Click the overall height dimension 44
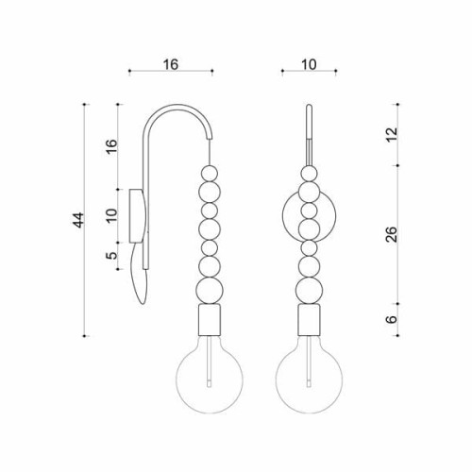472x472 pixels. click(78, 220)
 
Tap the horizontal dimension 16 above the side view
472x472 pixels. click(171, 64)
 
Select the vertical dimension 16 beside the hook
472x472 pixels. click(111, 145)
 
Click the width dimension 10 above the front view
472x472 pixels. click(309, 64)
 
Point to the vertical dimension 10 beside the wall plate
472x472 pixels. click(111, 216)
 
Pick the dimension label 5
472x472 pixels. click(111, 255)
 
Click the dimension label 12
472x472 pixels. click(392, 135)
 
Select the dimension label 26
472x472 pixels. click(392, 234)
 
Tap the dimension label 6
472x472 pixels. click(392, 319)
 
